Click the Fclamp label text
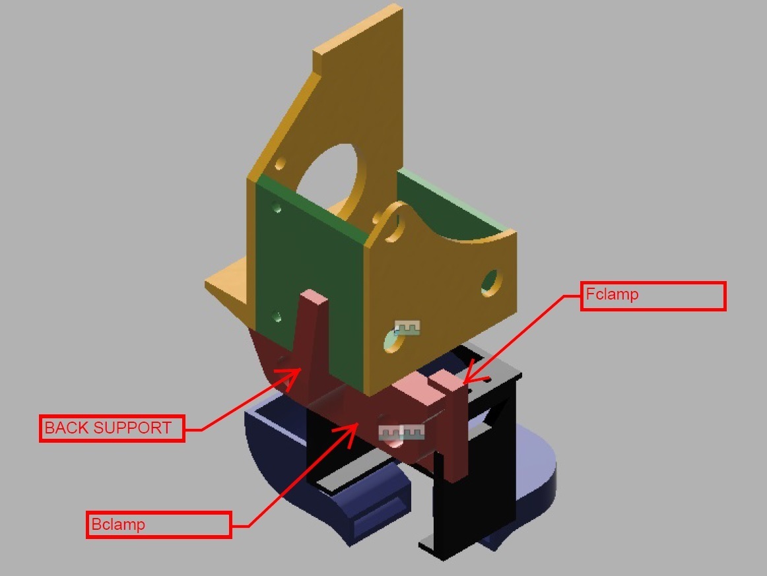tap(612, 294)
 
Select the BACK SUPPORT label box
tap(112, 428)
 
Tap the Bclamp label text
tap(118, 525)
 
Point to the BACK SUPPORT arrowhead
tap(291, 377)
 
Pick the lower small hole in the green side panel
tap(277, 316)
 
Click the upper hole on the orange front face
tap(490, 282)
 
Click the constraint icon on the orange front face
tap(407, 328)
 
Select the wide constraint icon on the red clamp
tap(402, 432)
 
